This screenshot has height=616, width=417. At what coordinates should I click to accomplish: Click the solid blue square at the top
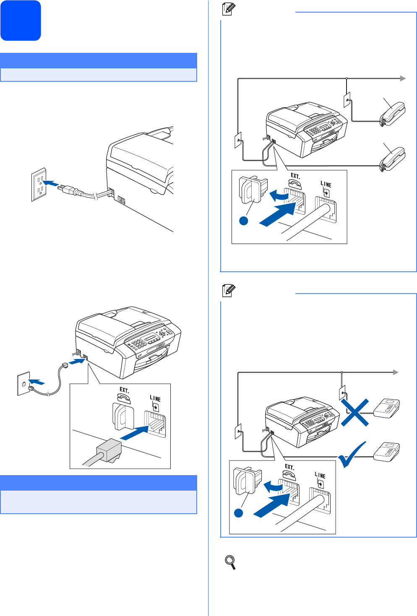pos(21,21)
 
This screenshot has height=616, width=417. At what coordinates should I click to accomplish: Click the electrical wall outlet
pos(39,185)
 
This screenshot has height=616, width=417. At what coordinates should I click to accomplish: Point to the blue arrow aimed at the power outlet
pos(51,184)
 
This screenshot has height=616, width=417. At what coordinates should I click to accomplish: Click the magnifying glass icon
pos(230,562)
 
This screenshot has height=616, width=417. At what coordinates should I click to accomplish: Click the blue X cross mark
pos(354,412)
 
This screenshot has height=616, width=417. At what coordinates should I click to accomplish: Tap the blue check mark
pos(352,455)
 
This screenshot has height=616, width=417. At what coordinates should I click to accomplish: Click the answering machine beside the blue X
pos(387,409)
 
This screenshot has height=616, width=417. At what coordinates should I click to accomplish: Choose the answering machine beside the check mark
pos(387,452)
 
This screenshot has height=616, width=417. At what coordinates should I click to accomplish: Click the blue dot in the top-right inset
pos(244,221)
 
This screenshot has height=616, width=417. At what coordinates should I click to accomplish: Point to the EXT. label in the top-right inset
pos(295,176)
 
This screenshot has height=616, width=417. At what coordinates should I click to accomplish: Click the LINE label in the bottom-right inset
pos(320,475)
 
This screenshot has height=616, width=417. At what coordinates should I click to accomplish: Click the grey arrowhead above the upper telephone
pos(403,78)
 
